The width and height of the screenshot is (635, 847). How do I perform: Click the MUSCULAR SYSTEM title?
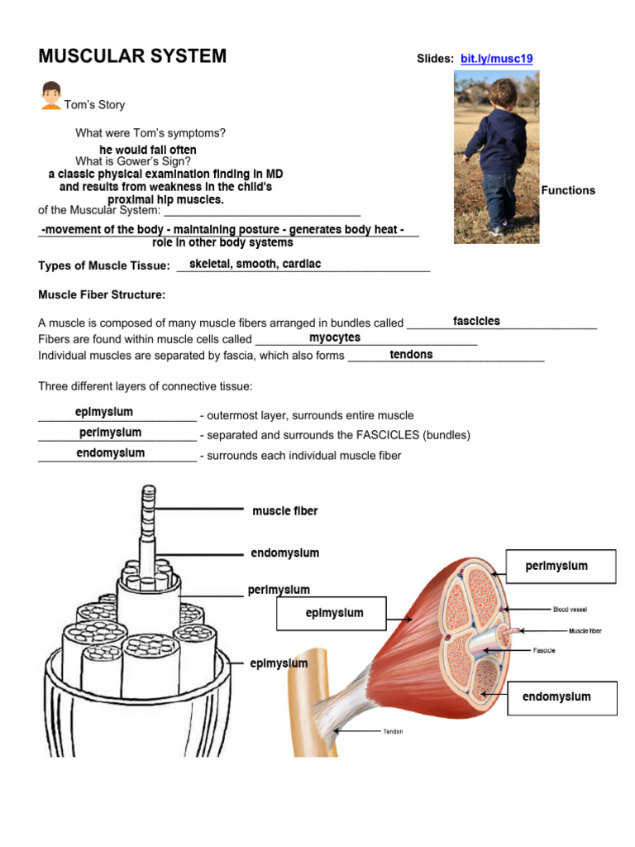(x=132, y=56)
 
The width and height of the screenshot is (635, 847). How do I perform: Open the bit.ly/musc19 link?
(x=496, y=59)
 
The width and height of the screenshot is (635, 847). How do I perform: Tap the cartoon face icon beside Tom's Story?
(x=51, y=95)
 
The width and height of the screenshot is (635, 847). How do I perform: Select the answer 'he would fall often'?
(x=148, y=150)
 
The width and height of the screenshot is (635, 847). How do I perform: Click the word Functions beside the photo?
(x=568, y=190)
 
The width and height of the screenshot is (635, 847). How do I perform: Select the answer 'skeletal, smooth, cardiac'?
(x=255, y=264)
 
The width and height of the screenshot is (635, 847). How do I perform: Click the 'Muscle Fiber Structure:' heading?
(x=103, y=294)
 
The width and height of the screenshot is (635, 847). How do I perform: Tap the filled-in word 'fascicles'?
(x=476, y=321)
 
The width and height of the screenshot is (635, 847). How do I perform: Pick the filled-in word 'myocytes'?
(x=335, y=337)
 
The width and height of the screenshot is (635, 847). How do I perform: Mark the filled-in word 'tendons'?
(x=411, y=354)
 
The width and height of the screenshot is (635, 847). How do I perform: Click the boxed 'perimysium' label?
(x=556, y=566)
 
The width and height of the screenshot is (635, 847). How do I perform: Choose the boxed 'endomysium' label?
(x=556, y=696)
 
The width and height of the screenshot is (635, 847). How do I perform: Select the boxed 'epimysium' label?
(x=334, y=613)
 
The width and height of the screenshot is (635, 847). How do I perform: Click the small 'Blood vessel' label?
(x=571, y=609)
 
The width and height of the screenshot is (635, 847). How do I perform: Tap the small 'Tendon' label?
(x=393, y=731)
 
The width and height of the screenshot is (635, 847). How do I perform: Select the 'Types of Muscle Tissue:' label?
(x=104, y=266)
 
